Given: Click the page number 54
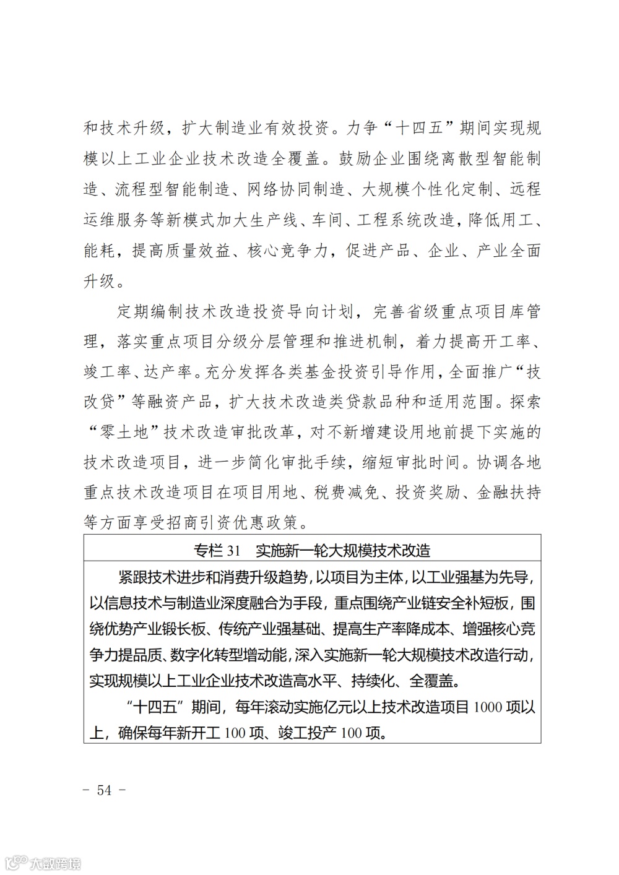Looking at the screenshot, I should pyautogui.click(x=104, y=790).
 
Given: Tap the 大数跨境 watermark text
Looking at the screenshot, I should pyautogui.click(x=55, y=862).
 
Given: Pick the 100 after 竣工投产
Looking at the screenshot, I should pyautogui.click(x=351, y=733).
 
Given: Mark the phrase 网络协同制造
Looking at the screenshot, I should pyautogui.click(x=296, y=189).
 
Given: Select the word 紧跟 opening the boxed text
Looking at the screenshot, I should pyautogui.click(x=133, y=578).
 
